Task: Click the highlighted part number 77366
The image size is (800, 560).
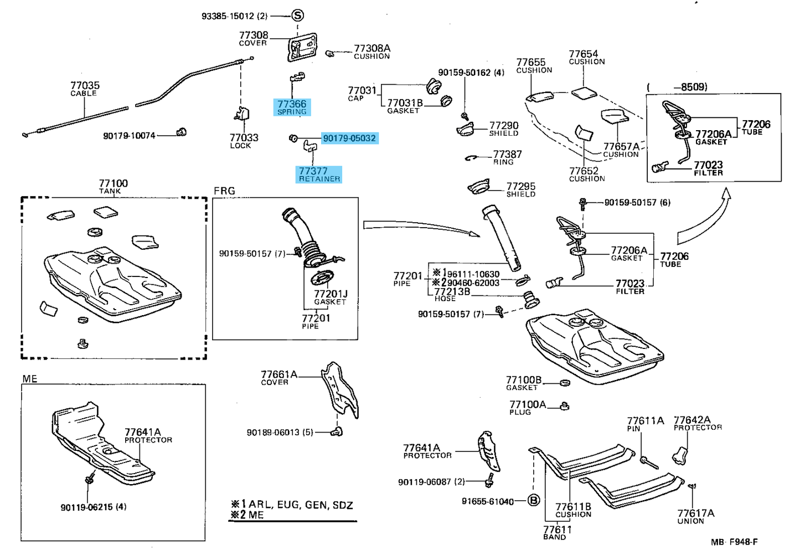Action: point(292,107)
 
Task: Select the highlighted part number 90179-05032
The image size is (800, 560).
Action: point(349,138)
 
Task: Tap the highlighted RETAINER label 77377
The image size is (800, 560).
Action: point(318,174)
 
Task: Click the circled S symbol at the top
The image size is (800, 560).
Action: point(297,16)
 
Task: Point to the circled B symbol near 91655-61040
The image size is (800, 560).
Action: point(533,501)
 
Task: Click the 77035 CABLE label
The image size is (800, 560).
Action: point(85,88)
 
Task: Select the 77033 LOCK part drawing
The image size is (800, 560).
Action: point(241,113)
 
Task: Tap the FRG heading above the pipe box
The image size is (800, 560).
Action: point(224,191)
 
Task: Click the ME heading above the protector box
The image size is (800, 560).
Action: point(30,379)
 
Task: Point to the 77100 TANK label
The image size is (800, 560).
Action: point(113,186)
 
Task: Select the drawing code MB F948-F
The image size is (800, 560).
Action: point(734,542)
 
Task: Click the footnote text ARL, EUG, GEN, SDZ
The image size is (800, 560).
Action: point(300,505)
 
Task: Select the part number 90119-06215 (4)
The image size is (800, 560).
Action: point(94,507)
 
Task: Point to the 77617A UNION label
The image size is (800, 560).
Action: point(695,516)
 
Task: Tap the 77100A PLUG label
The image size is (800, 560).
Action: point(527,408)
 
